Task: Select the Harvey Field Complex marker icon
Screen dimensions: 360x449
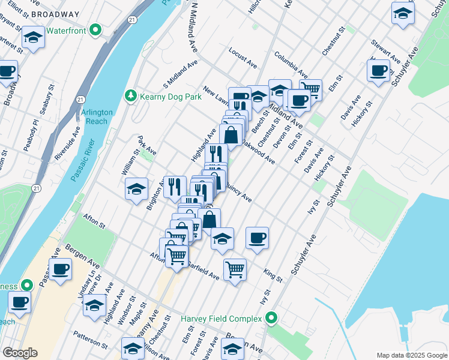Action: click(271, 317)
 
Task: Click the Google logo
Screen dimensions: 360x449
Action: click(20, 353)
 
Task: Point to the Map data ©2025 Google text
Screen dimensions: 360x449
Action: click(411, 355)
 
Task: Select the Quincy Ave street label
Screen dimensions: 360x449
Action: click(237, 193)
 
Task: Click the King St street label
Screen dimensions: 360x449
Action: click(273, 275)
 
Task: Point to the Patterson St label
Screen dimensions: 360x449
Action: click(90, 339)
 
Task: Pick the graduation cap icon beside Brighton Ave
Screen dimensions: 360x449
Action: click(137, 188)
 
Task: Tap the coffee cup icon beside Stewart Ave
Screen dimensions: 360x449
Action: click(378, 71)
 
